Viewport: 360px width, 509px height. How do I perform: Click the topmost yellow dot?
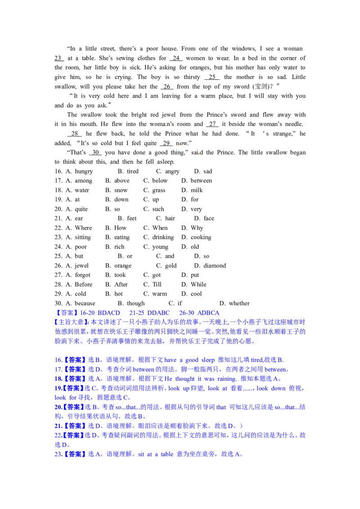[x=166, y=125]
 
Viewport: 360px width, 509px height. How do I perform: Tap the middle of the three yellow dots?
[x=179, y=145]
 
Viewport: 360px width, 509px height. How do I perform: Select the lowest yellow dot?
[x=199, y=153]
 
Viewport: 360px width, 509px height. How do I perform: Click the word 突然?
[x=221, y=332]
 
